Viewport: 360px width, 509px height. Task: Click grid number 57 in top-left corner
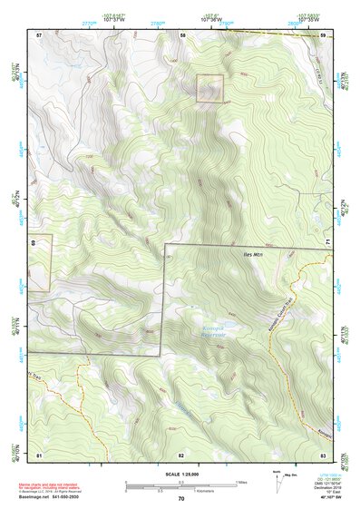point(39,34)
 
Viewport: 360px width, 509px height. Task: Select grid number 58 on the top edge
point(182,34)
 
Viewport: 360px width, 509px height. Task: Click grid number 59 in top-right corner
point(323,34)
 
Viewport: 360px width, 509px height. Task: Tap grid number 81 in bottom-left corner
point(39,454)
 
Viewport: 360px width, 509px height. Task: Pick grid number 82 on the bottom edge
point(181,454)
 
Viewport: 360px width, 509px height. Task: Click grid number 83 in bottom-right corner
point(323,454)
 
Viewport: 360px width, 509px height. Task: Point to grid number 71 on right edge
point(327,244)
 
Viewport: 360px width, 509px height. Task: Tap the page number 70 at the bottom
point(181,498)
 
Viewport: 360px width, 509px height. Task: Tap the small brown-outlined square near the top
point(210,86)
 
